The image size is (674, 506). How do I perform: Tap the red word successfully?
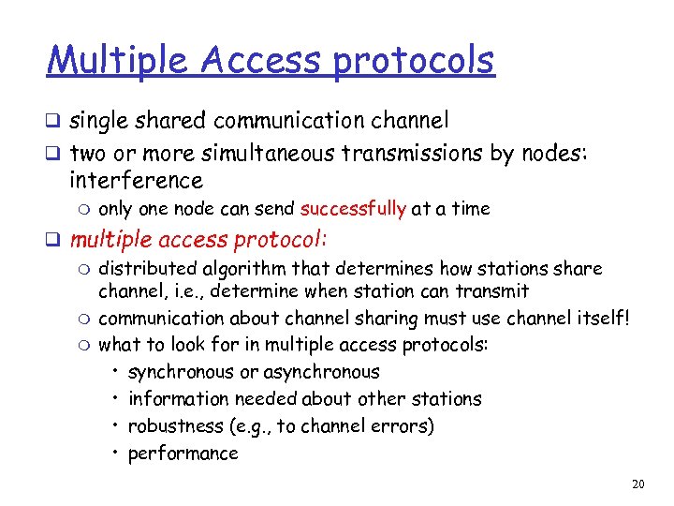point(353,208)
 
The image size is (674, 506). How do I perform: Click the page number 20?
point(638,484)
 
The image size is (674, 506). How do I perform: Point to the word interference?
point(136,180)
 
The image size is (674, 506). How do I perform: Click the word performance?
point(183,454)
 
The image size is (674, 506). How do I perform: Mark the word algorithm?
point(235,269)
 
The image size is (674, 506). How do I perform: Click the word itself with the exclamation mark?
point(603,318)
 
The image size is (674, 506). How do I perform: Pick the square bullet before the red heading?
point(55,240)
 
